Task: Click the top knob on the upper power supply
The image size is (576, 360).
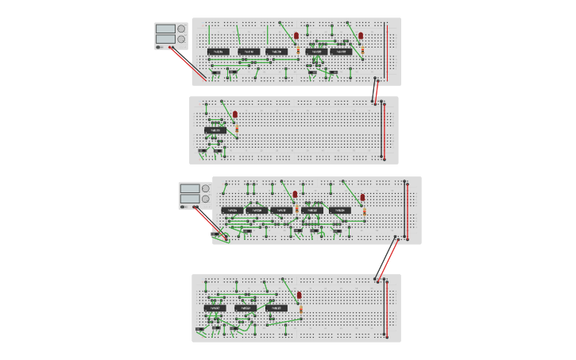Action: (181, 29)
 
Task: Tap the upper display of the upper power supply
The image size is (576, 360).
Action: (165, 29)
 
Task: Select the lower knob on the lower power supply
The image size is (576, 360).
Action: (206, 199)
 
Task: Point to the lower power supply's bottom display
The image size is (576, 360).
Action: (190, 199)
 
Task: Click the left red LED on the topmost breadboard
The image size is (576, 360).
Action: (296, 36)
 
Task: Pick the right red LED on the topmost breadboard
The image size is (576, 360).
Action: (361, 36)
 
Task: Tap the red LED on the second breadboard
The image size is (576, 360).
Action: (235, 114)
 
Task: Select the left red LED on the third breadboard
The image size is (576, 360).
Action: (296, 194)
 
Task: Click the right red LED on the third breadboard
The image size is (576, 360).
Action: (362, 196)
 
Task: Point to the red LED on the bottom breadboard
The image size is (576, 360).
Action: (300, 295)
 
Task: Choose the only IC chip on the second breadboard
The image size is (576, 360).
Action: (215, 130)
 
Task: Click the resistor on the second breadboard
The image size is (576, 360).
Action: (237, 128)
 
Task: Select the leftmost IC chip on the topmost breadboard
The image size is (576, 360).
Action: (218, 52)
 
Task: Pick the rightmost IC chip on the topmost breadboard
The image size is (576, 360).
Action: (341, 52)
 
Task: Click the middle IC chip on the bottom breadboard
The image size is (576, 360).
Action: (245, 308)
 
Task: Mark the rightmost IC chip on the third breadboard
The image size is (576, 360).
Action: (339, 211)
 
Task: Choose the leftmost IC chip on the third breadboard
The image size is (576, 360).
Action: (232, 211)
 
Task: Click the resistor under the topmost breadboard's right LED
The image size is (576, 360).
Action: (362, 50)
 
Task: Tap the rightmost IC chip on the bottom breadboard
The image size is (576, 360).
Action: (276, 308)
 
